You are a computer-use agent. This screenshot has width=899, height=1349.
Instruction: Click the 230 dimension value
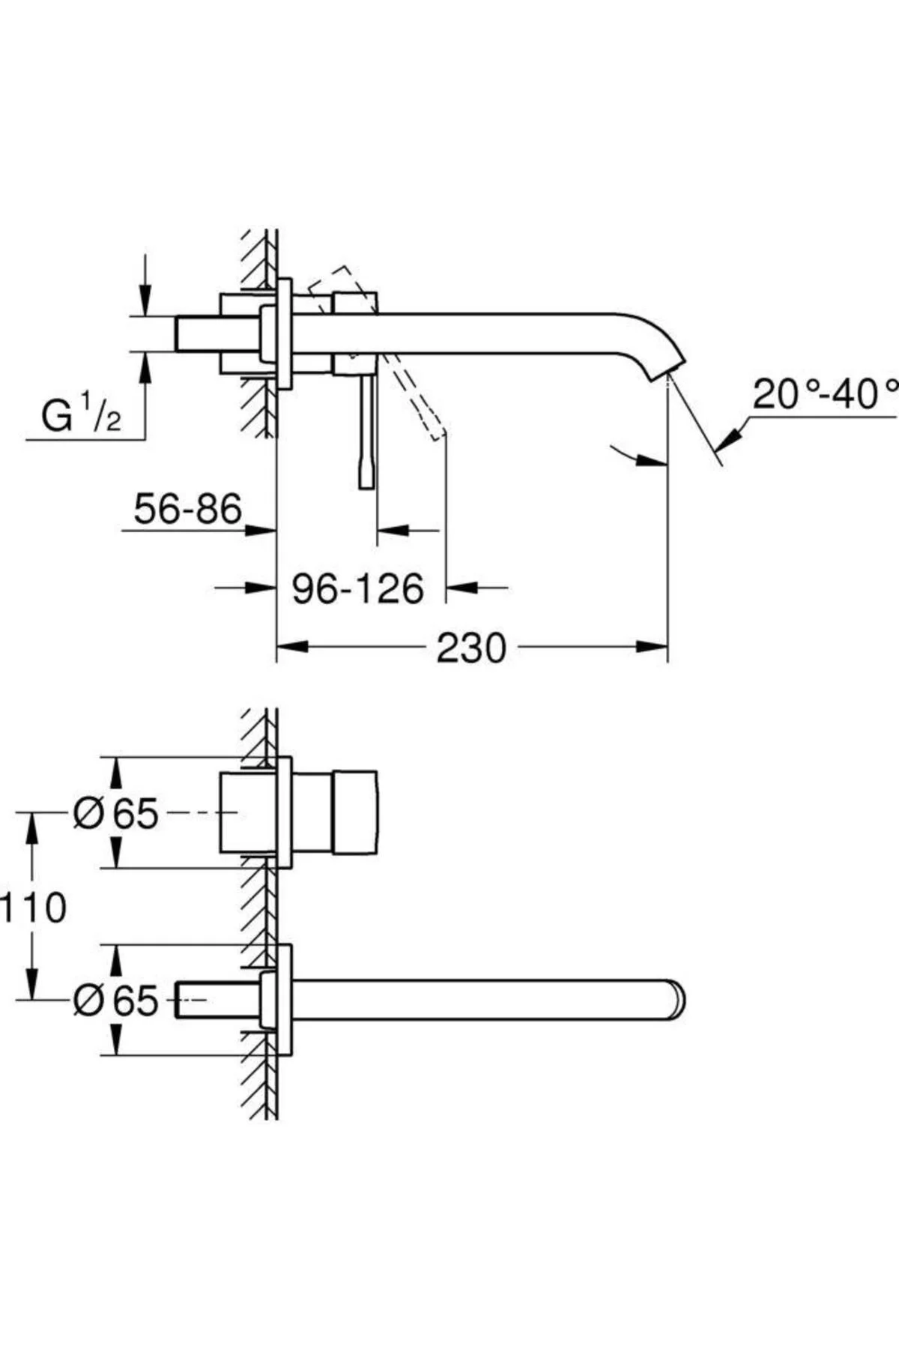tap(471, 648)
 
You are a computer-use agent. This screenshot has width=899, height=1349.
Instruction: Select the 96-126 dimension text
tap(357, 589)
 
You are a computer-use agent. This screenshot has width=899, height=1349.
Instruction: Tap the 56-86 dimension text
tap(187, 509)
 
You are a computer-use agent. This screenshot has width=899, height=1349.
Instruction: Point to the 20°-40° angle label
tap(824, 394)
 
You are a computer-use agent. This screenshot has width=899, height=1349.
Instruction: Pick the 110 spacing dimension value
tap(32, 908)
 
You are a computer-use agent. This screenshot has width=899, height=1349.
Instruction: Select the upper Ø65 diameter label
tap(116, 813)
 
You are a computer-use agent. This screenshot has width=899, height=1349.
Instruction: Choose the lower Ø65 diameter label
tap(116, 1000)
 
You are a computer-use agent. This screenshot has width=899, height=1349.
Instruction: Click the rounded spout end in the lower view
tap(678, 1000)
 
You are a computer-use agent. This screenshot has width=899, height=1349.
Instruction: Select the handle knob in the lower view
tap(355, 812)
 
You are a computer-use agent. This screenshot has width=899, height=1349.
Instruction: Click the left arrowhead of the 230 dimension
tap(292, 647)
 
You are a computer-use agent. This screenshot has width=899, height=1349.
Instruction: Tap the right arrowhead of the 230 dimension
tap(651, 647)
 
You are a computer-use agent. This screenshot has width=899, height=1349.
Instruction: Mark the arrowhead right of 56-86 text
tap(261, 530)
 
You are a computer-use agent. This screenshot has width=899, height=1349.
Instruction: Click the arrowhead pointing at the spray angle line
tap(727, 436)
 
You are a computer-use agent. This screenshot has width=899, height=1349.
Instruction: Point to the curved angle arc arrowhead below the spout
tap(650, 462)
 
